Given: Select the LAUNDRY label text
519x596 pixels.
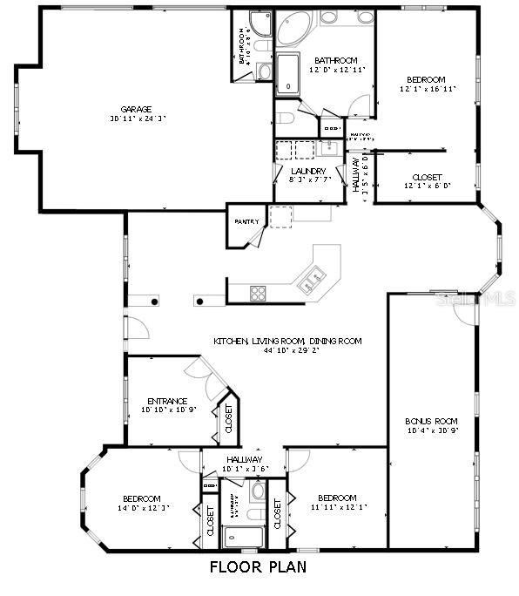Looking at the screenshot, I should click(308, 171).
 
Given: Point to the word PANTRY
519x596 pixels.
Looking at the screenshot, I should click(246, 221).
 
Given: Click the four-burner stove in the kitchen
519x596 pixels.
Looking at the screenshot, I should click(258, 293).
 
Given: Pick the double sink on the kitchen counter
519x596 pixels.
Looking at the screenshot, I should click(311, 280).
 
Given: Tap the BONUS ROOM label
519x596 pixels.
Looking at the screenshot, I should click(431, 420).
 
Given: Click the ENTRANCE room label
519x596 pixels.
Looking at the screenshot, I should click(167, 401).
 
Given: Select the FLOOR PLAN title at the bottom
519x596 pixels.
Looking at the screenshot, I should click(258, 566).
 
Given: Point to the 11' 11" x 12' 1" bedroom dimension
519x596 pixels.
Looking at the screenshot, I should click(337, 507).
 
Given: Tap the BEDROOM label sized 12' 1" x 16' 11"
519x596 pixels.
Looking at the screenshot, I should click(428, 78).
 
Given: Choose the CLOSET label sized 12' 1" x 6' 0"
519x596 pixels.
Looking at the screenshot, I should click(427, 177).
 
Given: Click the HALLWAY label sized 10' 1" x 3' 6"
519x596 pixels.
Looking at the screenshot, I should click(243, 459).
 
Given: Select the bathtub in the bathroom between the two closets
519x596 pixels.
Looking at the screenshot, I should click(236, 537).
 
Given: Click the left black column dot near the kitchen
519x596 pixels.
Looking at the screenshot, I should click(155, 301).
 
